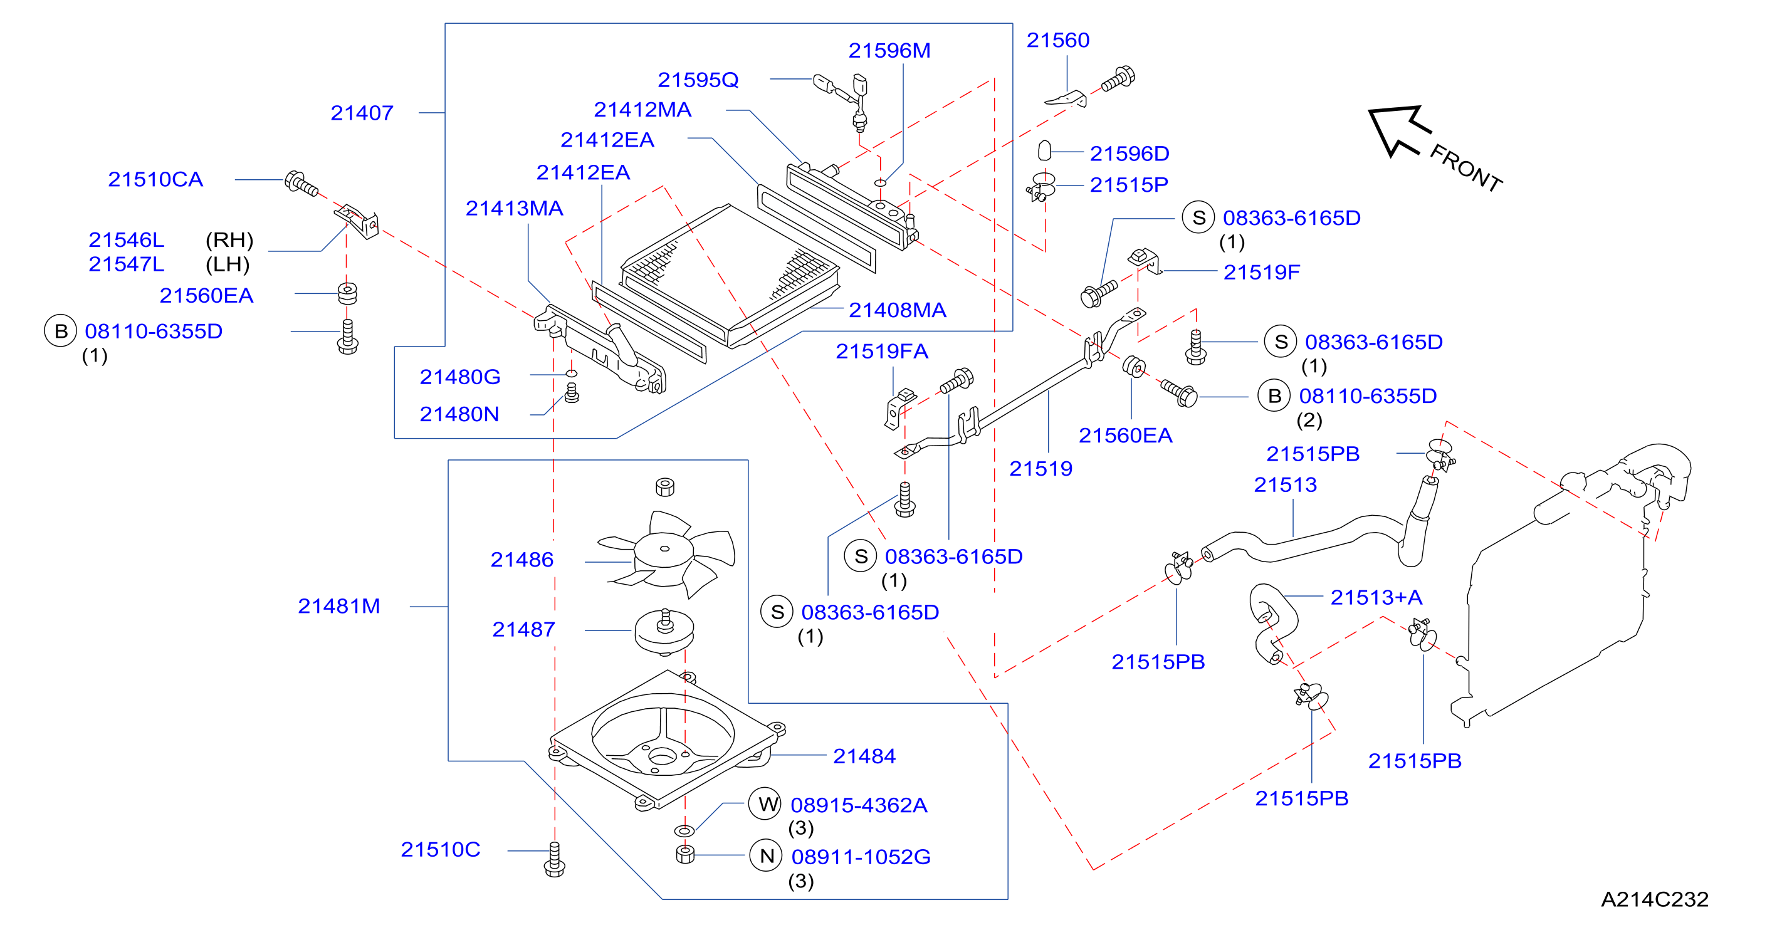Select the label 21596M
(889, 50)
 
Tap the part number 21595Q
(698, 80)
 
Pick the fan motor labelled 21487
(664, 631)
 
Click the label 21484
(864, 756)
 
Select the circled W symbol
(766, 804)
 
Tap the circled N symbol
(766, 855)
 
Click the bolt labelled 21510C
(555, 860)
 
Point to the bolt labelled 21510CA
(301, 184)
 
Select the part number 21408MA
(898, 310)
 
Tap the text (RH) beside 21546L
(229, 240)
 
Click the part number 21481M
(338, 606)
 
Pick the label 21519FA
(881, 352)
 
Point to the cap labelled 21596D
(1044, 150)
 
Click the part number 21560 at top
(1057, 40)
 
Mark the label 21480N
(459, 414)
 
